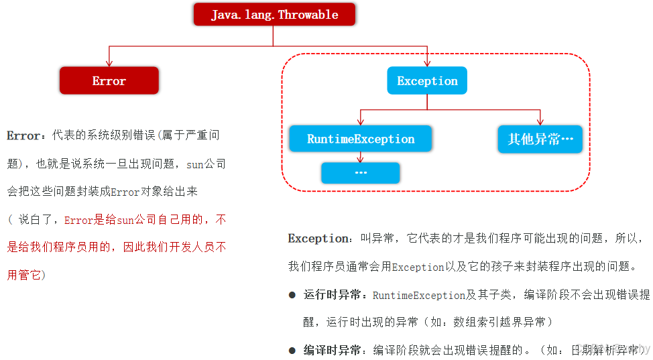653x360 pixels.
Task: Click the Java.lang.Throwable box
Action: click(274, 15)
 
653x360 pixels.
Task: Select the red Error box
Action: click(109, 80)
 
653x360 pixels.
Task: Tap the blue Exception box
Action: click(427, 80)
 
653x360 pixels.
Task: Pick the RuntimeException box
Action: click(361, 139)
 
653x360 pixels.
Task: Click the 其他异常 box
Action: click(540, 139)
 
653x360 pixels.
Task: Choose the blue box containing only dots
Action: click(361, 173)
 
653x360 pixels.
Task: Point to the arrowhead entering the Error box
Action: click(109, 63)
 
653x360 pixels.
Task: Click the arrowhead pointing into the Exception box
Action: click(427, 63)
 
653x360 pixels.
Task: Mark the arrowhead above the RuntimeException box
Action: click(361, 121)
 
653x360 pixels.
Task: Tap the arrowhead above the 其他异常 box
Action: click(540, 121)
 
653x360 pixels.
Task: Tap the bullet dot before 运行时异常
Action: click(292, 295)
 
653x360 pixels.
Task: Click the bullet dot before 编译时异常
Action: click(292, 350)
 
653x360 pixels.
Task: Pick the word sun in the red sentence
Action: click(125, 219)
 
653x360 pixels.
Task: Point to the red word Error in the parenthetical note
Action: click(78, 219)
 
